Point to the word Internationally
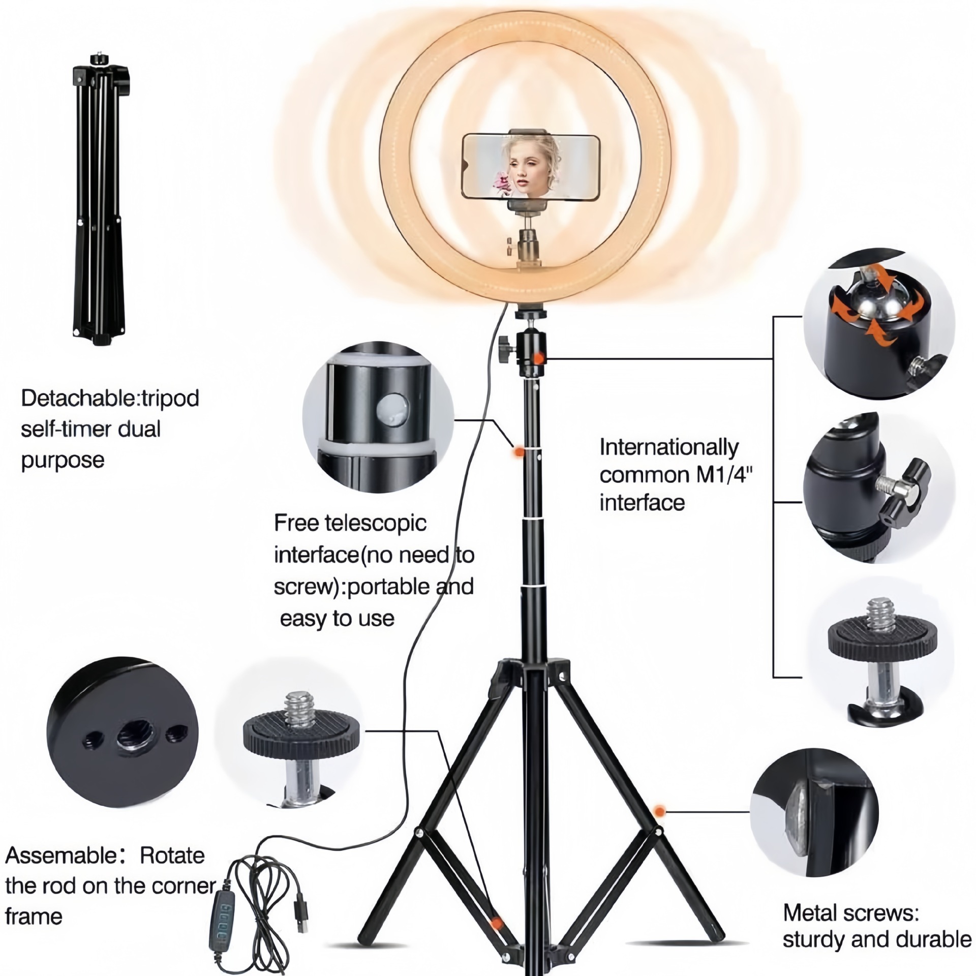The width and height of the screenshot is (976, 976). click(x=668, y=447)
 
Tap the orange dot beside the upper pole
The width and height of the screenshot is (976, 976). click(x=518, y=450)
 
